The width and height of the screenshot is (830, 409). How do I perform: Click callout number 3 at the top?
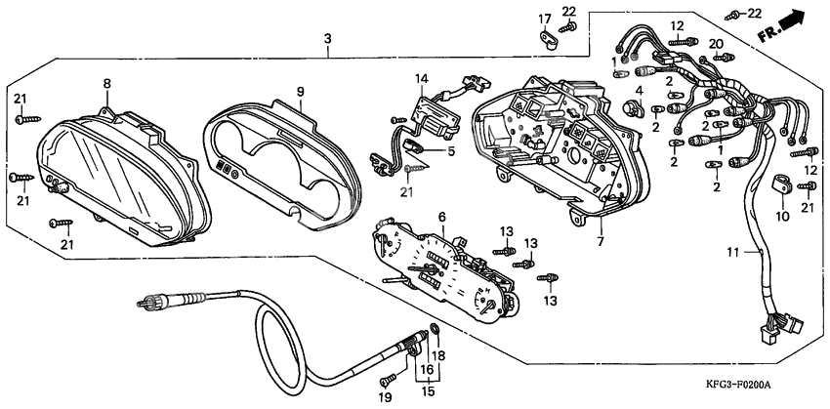tap(328, 38)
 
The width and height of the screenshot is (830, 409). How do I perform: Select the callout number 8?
tap(106, 84)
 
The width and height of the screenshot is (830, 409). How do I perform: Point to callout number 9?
tap(301, 92)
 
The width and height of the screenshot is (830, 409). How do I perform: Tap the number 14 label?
tap(421, 77)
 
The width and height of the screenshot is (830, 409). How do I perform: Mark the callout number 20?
tap(715, 44)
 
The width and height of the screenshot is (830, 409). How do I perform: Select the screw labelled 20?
tap(721, 60)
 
